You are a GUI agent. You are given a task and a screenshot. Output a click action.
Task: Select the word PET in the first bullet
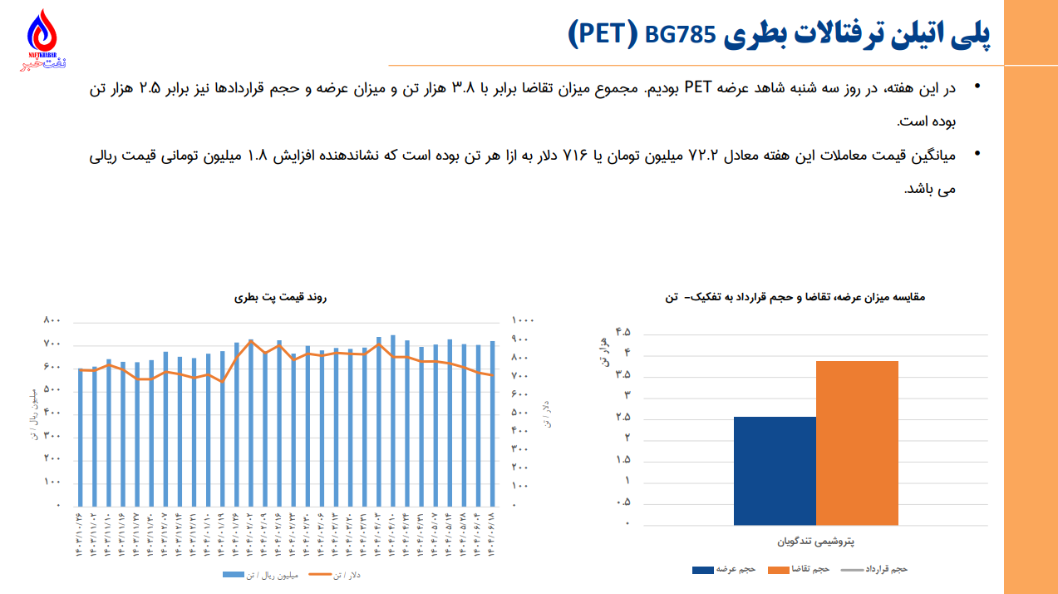coord(696,88)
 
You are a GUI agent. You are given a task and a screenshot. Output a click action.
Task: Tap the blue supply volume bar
coord(775,470)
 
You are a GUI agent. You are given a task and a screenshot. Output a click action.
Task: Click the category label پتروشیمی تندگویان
coord(816,541)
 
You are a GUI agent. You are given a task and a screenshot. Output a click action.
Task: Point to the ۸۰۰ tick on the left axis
coord(52,320)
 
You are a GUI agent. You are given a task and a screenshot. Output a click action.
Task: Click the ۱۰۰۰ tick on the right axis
coord(523,320)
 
